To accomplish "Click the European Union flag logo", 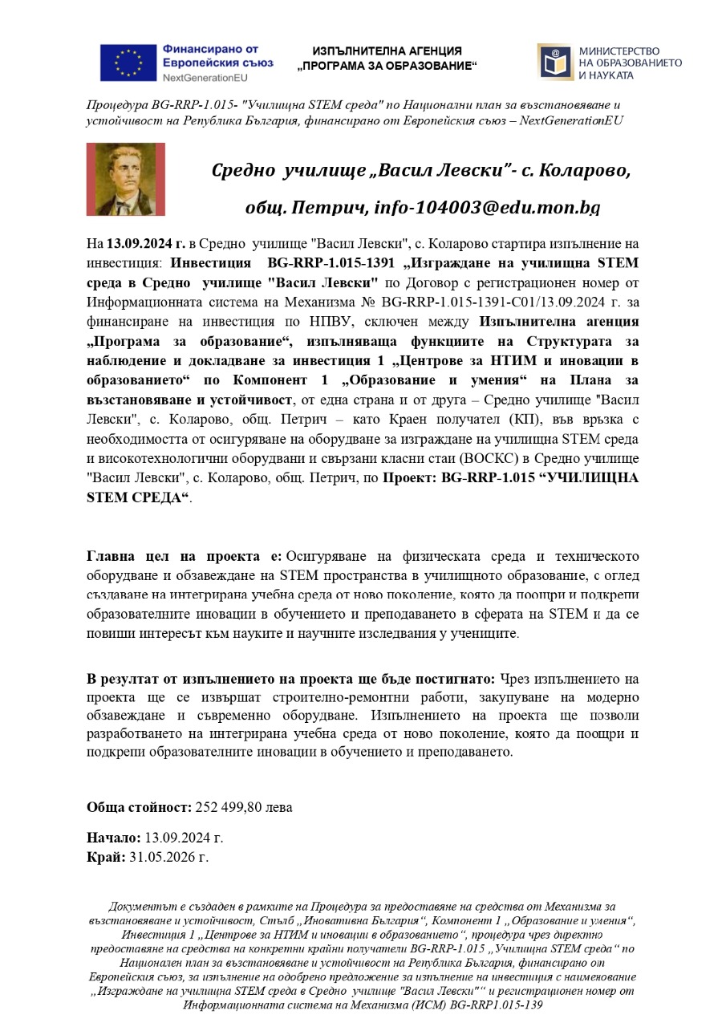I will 128,63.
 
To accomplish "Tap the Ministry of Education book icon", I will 555,63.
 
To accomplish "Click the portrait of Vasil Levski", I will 125,179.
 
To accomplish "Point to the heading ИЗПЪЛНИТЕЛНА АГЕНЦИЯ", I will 387,51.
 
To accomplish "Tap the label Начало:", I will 114,838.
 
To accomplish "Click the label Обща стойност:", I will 139,807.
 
